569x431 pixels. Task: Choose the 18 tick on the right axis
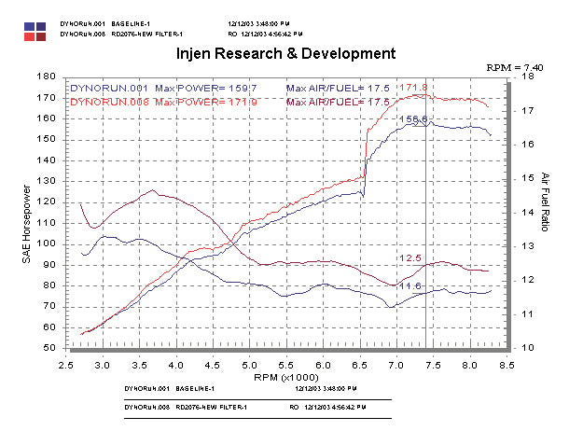527,76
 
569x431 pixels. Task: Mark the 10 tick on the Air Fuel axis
527,347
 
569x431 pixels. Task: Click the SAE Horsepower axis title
26,213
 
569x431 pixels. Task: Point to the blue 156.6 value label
413,119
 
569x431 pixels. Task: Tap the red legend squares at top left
36,35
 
